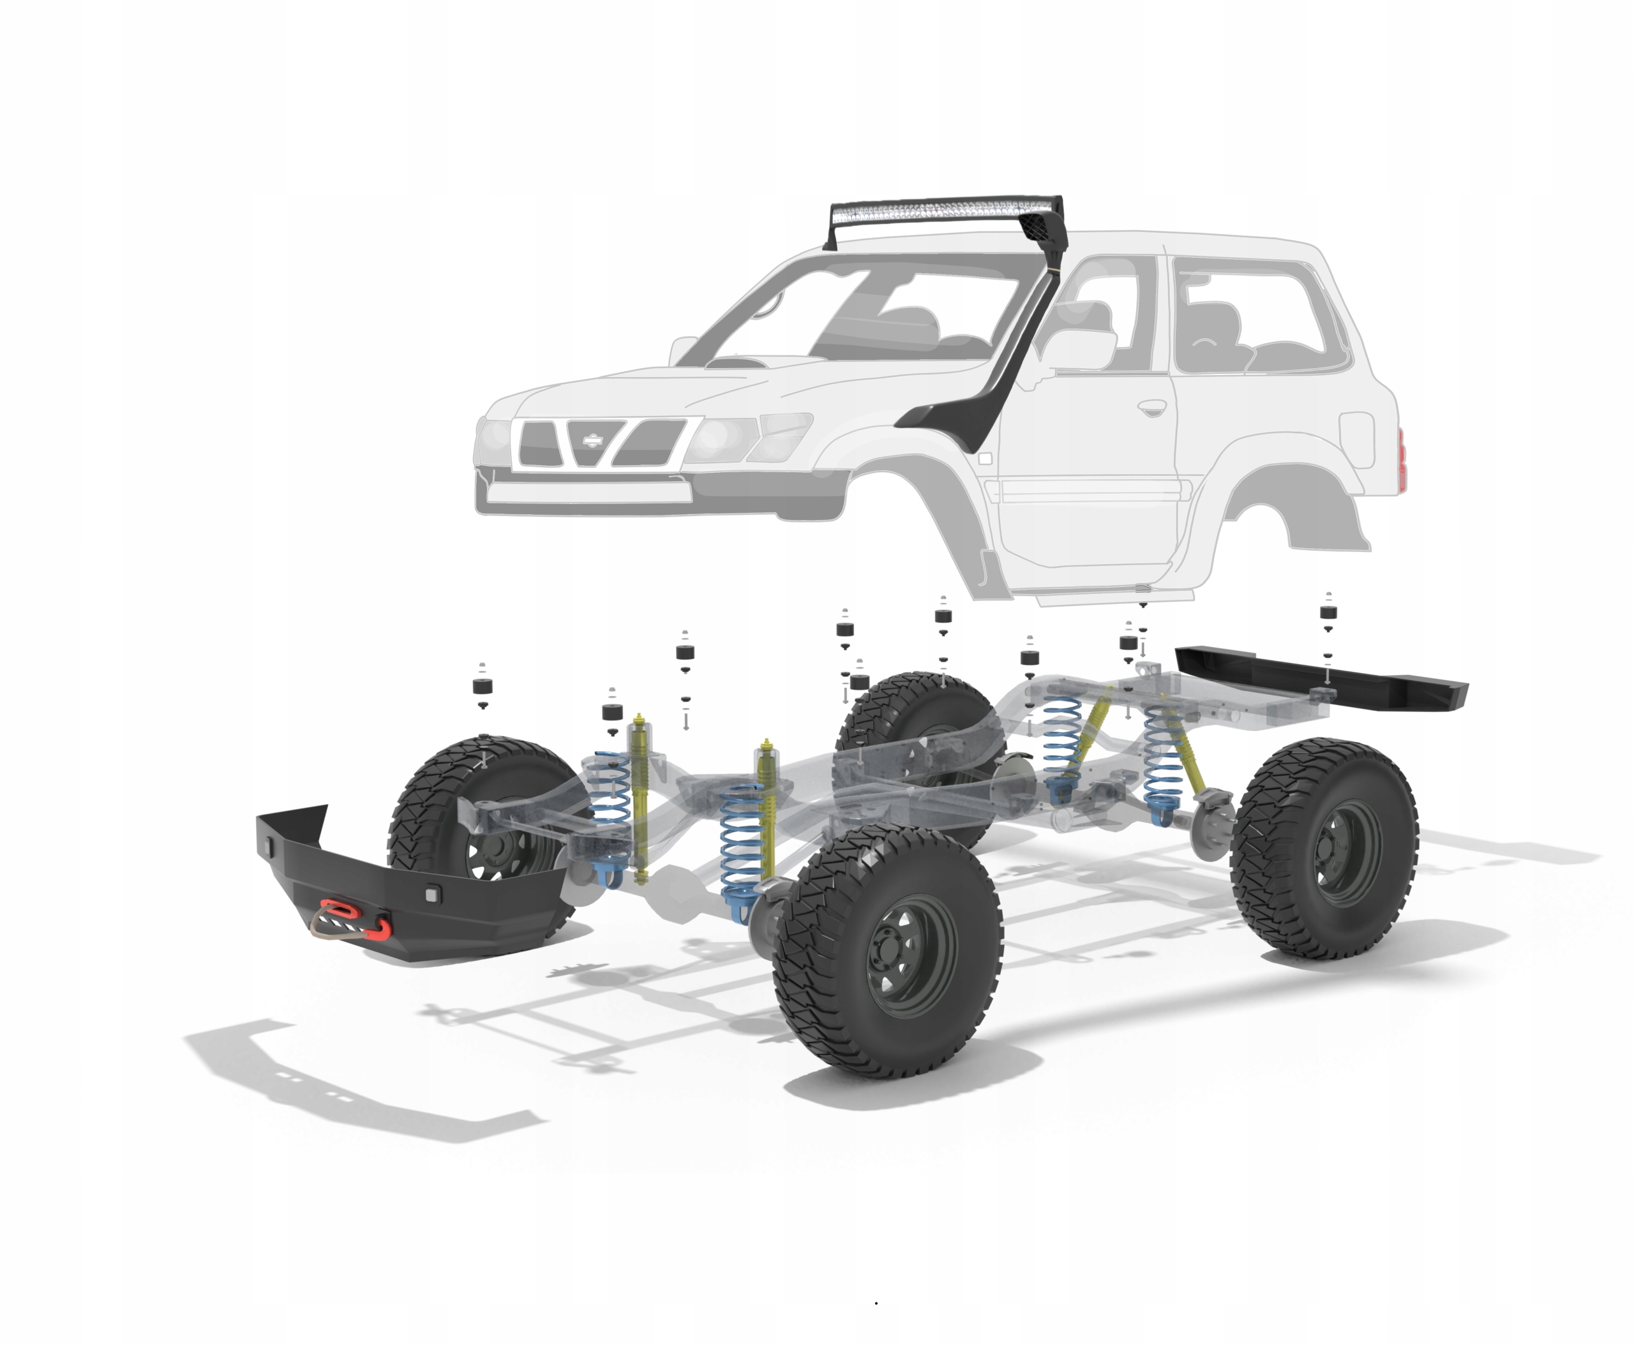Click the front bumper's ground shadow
[372, 1085]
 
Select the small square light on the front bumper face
[431, 894]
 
